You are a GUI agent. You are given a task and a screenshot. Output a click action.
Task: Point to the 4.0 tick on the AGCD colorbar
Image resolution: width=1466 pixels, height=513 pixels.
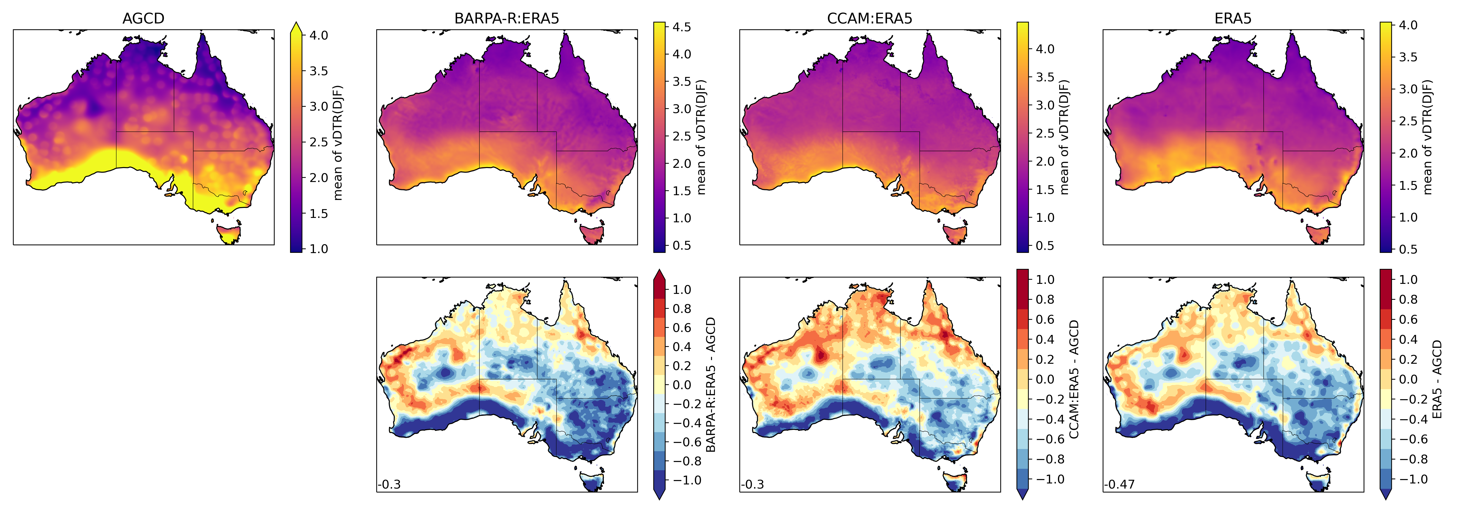point(318,35)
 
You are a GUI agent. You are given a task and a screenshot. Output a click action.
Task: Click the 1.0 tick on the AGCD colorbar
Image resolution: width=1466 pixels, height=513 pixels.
point(318,248)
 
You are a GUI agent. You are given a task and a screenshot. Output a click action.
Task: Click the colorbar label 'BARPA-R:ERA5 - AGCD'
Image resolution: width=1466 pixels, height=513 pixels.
point(711,385)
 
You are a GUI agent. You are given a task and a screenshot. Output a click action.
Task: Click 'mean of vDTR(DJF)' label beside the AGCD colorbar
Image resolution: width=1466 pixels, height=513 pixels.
point(338,142)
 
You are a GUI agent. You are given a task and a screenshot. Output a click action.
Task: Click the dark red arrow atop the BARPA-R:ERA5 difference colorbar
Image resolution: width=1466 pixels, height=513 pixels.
point(659,275)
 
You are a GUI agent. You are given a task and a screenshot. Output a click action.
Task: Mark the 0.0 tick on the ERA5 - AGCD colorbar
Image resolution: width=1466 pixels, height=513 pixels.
point(1408,379)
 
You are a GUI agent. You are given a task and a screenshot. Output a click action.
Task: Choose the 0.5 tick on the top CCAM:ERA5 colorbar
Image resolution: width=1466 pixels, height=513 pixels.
point(1044,246)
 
